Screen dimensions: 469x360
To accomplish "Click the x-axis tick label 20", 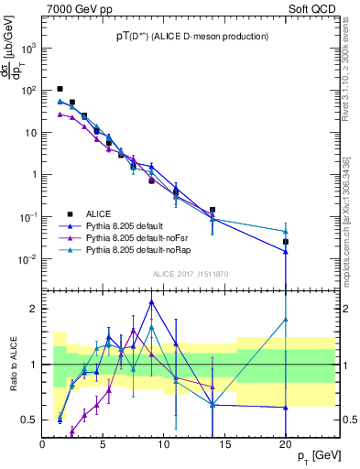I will click(x=286, y=444).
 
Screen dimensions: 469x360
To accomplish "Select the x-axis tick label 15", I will click(x=225, y=444).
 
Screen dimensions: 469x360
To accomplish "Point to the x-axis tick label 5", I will click(x=104, y=444).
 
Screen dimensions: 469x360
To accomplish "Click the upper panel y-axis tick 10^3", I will click(x=28, y=49).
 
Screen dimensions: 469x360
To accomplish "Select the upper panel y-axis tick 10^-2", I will click(x=28, y=259).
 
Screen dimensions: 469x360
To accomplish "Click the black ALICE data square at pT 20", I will click(x=286, y=242).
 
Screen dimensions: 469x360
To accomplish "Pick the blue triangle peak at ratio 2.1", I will click(x=151, y=301).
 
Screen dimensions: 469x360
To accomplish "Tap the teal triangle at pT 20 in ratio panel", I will click(x=286, y=320).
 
